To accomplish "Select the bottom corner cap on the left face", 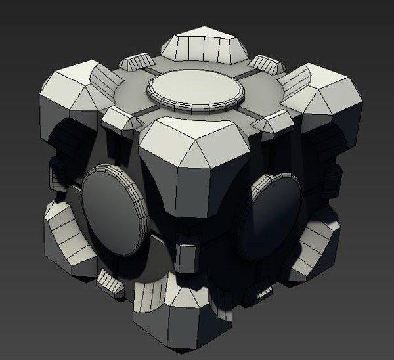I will (x=66, y=236).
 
